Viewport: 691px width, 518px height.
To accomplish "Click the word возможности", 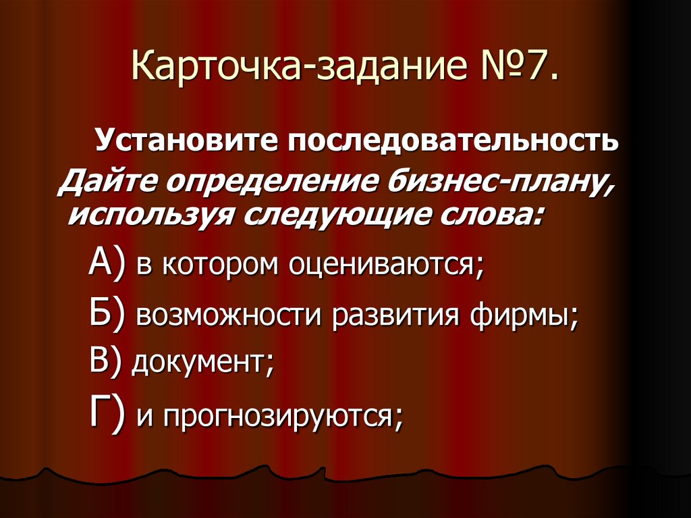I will coord(230,315).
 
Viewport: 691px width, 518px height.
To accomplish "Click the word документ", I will coord(202,363).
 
